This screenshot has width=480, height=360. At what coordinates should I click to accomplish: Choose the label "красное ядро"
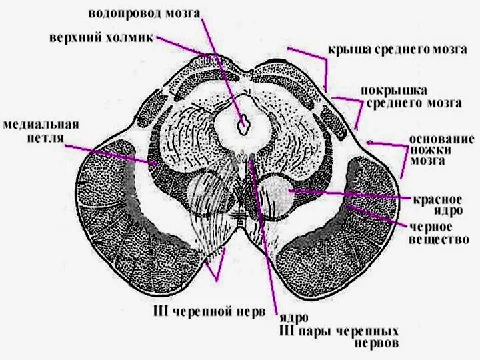[437, 205]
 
